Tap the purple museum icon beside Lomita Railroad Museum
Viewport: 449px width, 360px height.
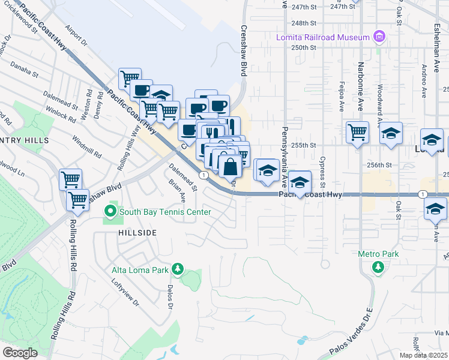coord(379,37)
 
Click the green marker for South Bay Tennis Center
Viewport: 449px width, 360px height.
coord(110,212)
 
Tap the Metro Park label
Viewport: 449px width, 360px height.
coord(378,254)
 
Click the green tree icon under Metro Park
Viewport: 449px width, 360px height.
coord(378,266)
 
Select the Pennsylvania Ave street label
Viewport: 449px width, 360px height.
coord(285,155)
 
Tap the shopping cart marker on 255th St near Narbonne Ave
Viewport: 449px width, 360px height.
coord(357,131)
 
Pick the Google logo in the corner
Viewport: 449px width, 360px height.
coord(19,353)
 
